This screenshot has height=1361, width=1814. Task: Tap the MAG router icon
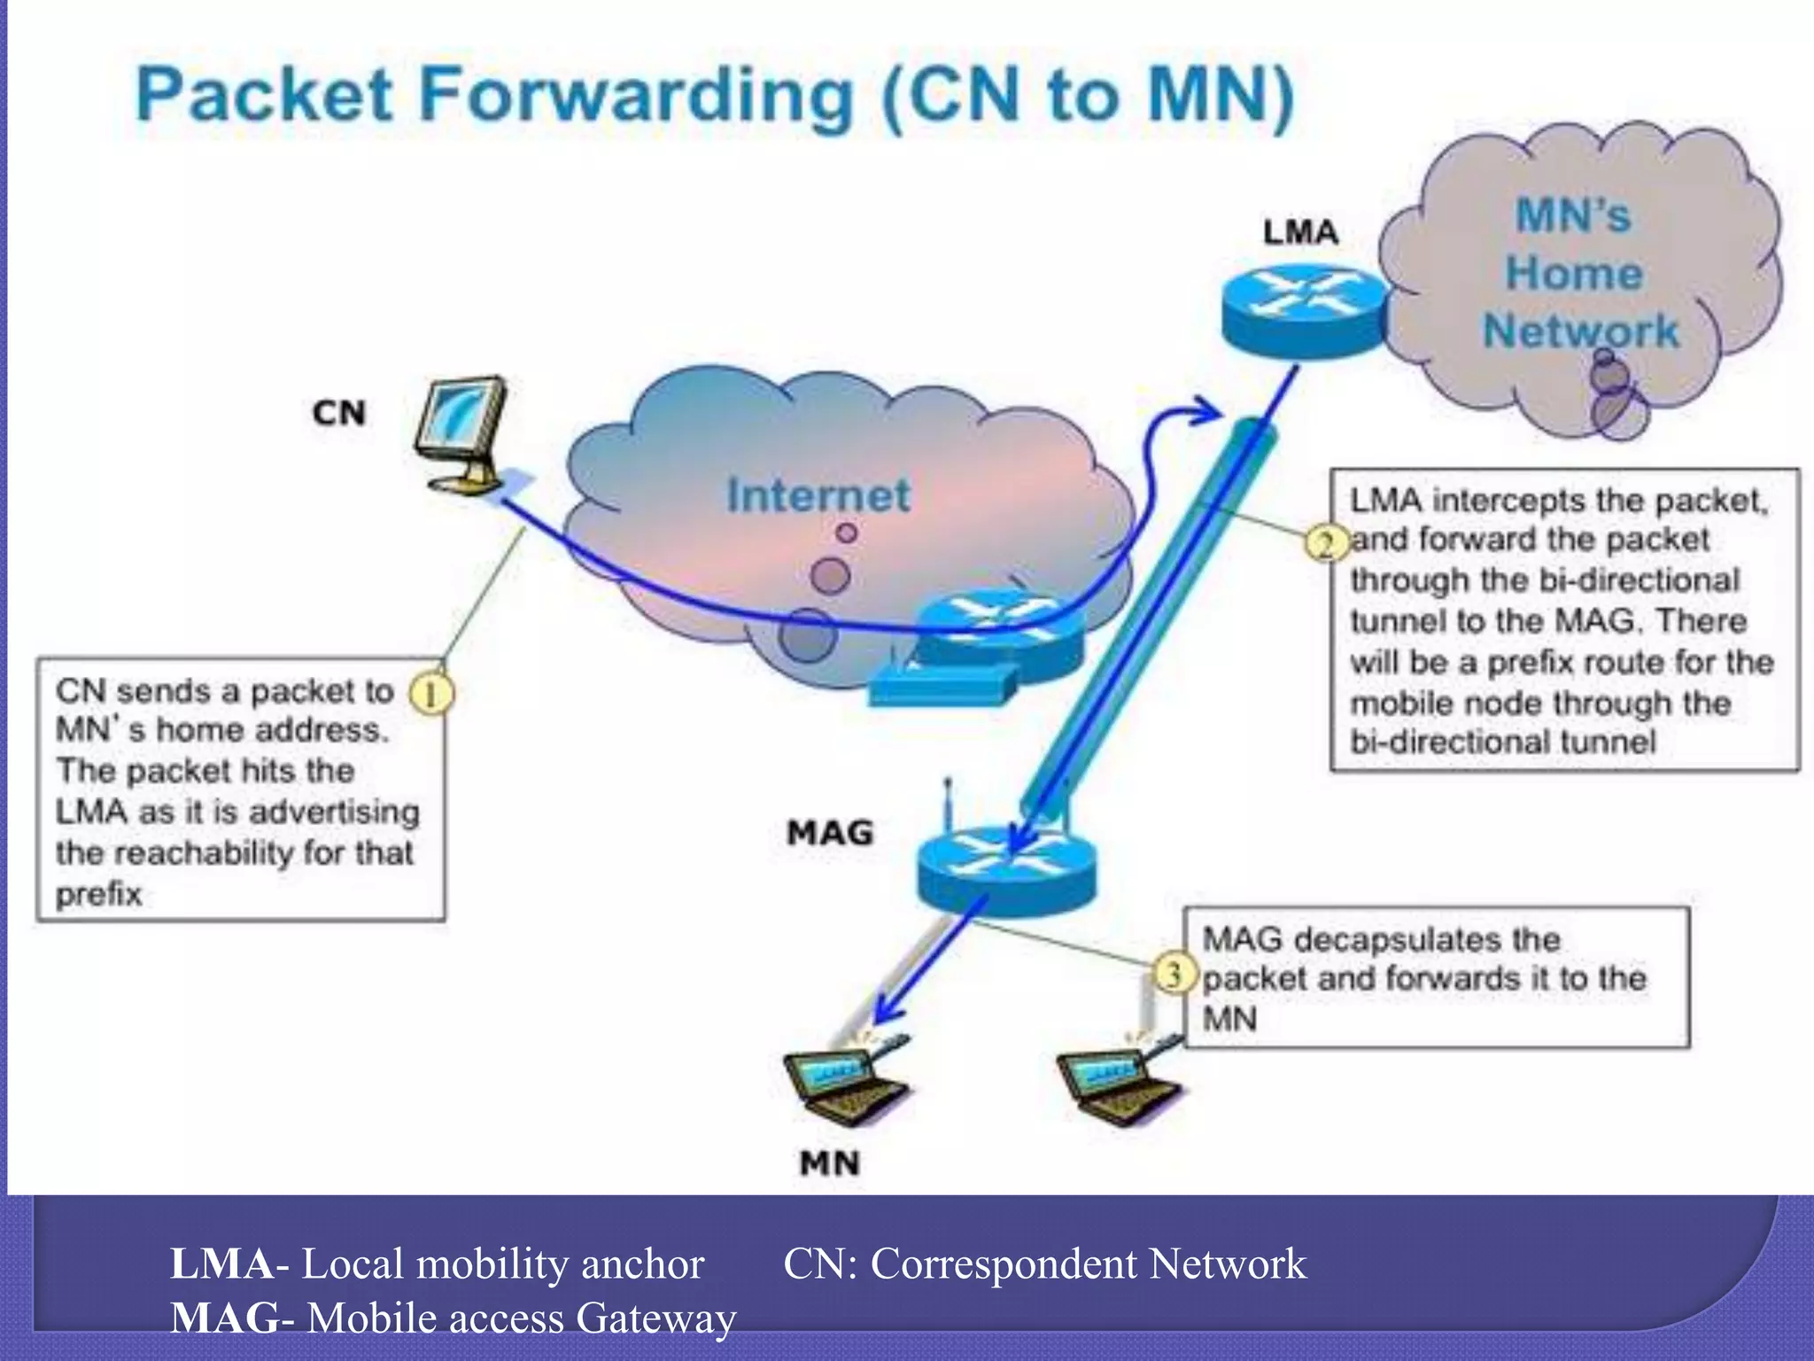click(1005, 868)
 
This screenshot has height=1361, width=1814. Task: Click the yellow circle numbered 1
click(430, 694)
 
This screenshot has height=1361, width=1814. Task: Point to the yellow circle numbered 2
click(1326, 543)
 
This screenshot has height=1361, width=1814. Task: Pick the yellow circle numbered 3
click(1174, 975)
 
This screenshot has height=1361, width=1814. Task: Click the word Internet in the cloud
click(818, 494)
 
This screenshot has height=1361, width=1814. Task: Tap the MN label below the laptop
click(829, 1163)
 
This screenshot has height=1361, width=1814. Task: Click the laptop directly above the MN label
click(846, 1085)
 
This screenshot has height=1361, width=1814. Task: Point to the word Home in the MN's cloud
click(1574, 272)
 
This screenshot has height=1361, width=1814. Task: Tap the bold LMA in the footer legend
click(221, 1264)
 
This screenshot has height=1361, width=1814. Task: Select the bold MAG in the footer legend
click(225, 1318)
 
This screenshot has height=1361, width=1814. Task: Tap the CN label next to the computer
click(339, 413)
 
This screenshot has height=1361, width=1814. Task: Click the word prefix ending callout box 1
click(98, 893)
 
